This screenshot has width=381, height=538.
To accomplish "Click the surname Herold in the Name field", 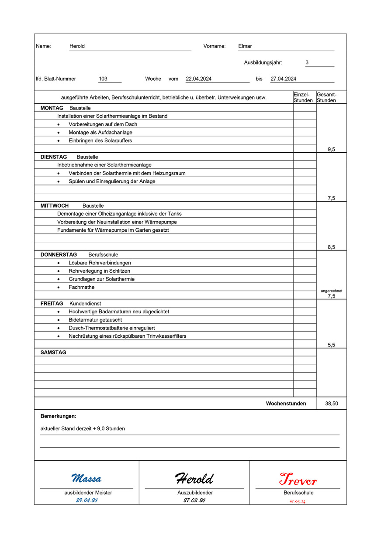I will click(x=77, y=46).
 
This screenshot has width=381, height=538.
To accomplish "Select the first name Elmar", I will click(x=245, y=46).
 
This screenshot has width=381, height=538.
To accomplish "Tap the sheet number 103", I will click(x=103, y=79).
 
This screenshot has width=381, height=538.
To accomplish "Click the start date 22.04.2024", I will click(x=199, y=79).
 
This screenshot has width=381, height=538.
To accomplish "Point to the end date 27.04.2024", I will click(x=284, y=79).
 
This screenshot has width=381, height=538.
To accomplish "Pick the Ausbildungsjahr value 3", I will click(x=307, y=63).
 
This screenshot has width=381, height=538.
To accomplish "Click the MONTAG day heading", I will click(x=52, y=108).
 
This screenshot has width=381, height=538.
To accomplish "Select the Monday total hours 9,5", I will click(x=331, y=150).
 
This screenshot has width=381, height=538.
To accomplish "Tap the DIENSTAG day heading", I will click(x=54, y=157).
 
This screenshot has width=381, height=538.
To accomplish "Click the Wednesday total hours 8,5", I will click(x=331, y=247).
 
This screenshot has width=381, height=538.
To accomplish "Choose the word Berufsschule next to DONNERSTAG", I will click(x=103, y=255).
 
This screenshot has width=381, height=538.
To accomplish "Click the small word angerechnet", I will click(x=331, y=291).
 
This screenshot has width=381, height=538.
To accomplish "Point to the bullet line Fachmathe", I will click(x=81, y=287).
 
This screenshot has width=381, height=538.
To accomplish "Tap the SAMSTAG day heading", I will click(x=53, y=353).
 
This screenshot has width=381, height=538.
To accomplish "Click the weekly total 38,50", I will click(x=331, y=404).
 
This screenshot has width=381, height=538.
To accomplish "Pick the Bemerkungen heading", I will click(x=59, y=416).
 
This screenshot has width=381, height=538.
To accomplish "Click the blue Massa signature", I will click(x=87, y=479).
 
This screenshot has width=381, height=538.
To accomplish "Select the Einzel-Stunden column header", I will click(x=303, y=97).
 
